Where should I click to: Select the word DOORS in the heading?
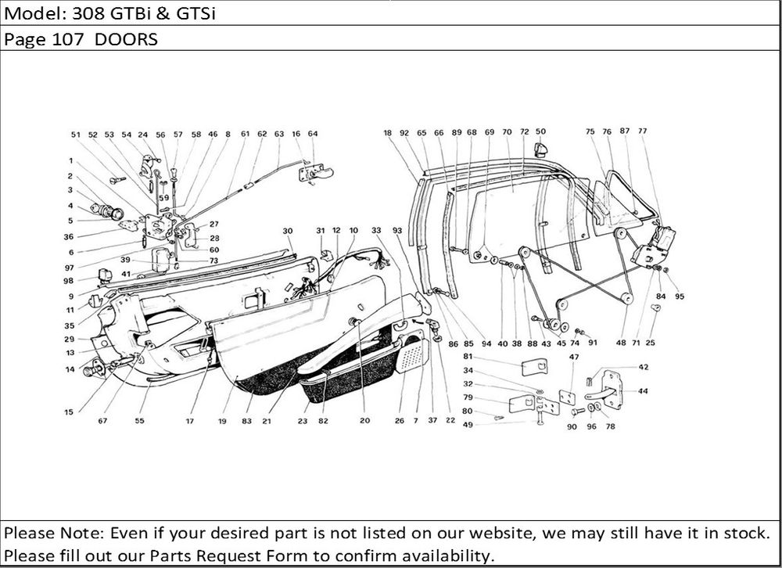[127, 40]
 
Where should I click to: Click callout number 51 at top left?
[76, 135]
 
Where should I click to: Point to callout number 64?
[313, 134]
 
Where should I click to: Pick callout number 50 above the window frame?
[541, 131]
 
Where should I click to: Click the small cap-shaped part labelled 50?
[540, 149]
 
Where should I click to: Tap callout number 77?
[643, 131]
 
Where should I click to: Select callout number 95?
[680, 296]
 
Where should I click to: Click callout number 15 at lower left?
[70, 411]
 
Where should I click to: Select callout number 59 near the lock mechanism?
[163, 198]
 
